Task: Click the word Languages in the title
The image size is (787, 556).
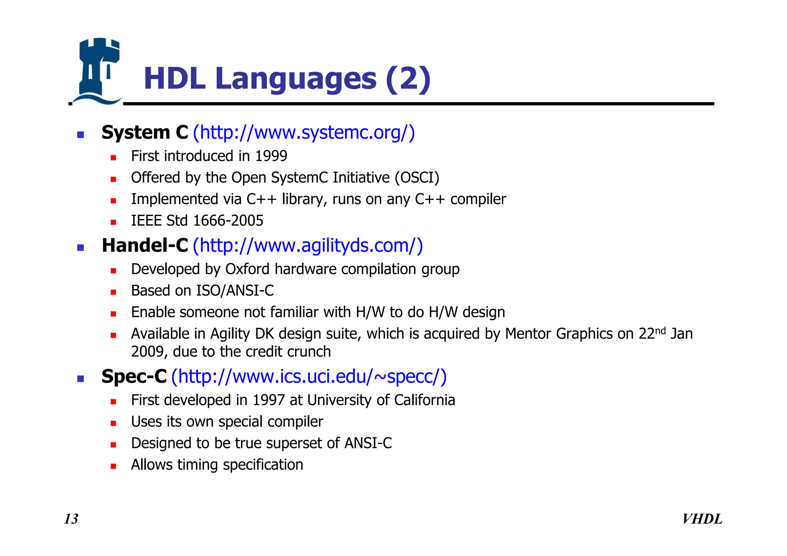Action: [296, 79]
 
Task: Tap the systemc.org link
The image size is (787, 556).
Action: [304, 133]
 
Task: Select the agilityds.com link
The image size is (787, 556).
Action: [307, 246]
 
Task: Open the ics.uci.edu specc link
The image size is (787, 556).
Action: [309, 377]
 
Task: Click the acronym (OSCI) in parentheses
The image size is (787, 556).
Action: [417, 178]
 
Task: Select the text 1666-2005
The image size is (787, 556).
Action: [228, 221]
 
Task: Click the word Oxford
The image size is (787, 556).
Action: [247, 269]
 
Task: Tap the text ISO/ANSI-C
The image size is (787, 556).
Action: [235, 291]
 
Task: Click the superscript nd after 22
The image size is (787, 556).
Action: [660, 331]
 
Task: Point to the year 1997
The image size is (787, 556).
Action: [269, 400]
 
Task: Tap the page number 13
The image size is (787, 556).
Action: [71, 519]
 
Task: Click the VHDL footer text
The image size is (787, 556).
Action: [702, 519]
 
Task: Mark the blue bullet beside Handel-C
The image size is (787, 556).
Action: [80, 248]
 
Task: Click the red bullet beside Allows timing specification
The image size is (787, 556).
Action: [113, 466]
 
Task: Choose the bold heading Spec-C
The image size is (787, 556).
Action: [134, 377]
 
